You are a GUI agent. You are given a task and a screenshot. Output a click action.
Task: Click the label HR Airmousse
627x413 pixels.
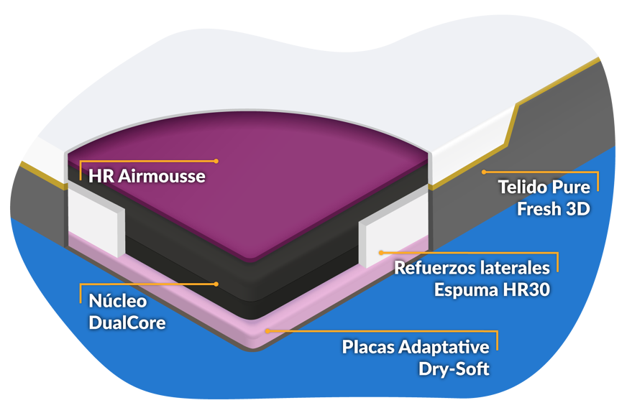pyautogui.click(x=147, y=176)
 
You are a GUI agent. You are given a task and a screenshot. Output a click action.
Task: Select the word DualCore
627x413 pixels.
pyautogui.click(x=127, y=322)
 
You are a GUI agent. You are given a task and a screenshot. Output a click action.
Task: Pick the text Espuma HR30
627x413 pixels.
pyautogui.click(x=492, y=291)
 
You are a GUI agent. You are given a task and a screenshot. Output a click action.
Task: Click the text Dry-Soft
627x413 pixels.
pyautogui.click(x=454, y=370)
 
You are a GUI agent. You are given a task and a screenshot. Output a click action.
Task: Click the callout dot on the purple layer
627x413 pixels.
pyautogui.click(x=216, y=161)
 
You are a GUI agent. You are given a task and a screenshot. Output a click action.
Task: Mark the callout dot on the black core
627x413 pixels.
pyautogui.click(x=216, y=284)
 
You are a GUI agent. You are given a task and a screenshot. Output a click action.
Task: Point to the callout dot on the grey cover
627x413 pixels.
pyautogui.click(x=484, y=172)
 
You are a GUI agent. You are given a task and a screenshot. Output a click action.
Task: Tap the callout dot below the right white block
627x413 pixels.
pyautogui.click(x=380, y=253)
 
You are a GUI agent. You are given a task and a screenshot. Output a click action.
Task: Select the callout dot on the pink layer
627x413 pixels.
pyautogui.click(x=267, y=331)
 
